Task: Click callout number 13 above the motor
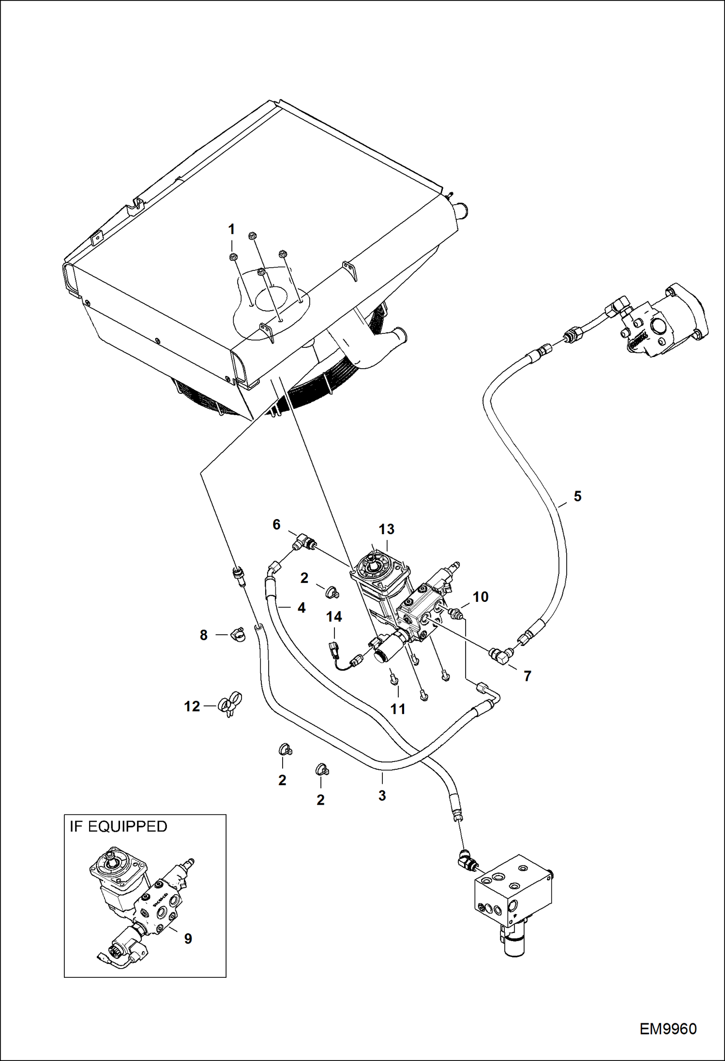click(386, 529)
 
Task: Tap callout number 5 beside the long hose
click(577, 496)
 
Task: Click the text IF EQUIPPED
click(118, 826)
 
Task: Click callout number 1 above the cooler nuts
click(231, 228)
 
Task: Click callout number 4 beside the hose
click(301, 608)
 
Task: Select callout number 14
click(334, 616)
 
